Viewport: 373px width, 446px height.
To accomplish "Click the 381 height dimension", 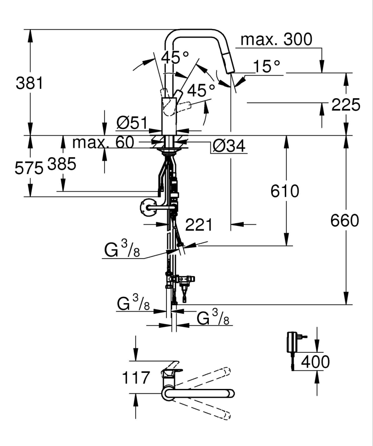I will click(29, 83).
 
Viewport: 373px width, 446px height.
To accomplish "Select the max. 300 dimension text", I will click(276, 40).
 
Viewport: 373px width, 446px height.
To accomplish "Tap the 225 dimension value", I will click(345, 105).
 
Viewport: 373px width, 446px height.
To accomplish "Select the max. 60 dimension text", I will click(103, 143).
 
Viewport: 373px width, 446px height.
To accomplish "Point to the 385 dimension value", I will click(61, 165).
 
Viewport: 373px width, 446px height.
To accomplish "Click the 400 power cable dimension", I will click(315, 362).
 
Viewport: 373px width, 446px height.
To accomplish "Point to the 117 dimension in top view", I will click(136, 378).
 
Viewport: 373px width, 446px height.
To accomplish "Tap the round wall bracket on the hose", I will click(145, 208).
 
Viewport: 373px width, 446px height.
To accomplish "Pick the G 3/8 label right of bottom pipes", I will click(214, 319).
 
